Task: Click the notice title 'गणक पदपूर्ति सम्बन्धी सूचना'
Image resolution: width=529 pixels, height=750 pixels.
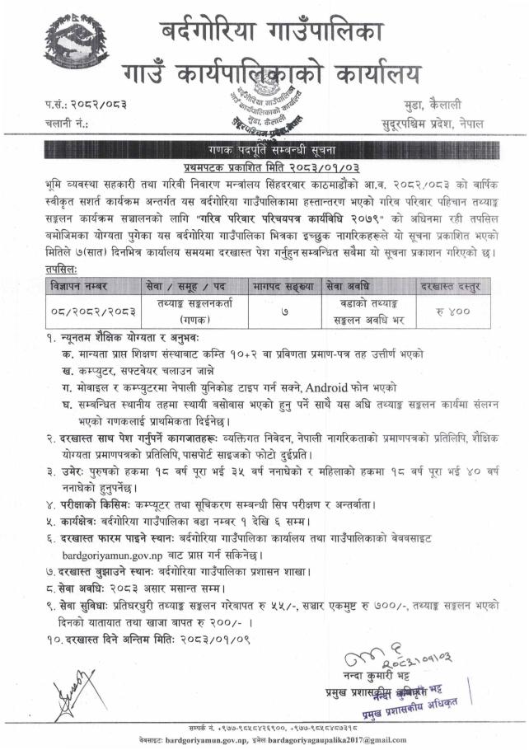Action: pos(263,150)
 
